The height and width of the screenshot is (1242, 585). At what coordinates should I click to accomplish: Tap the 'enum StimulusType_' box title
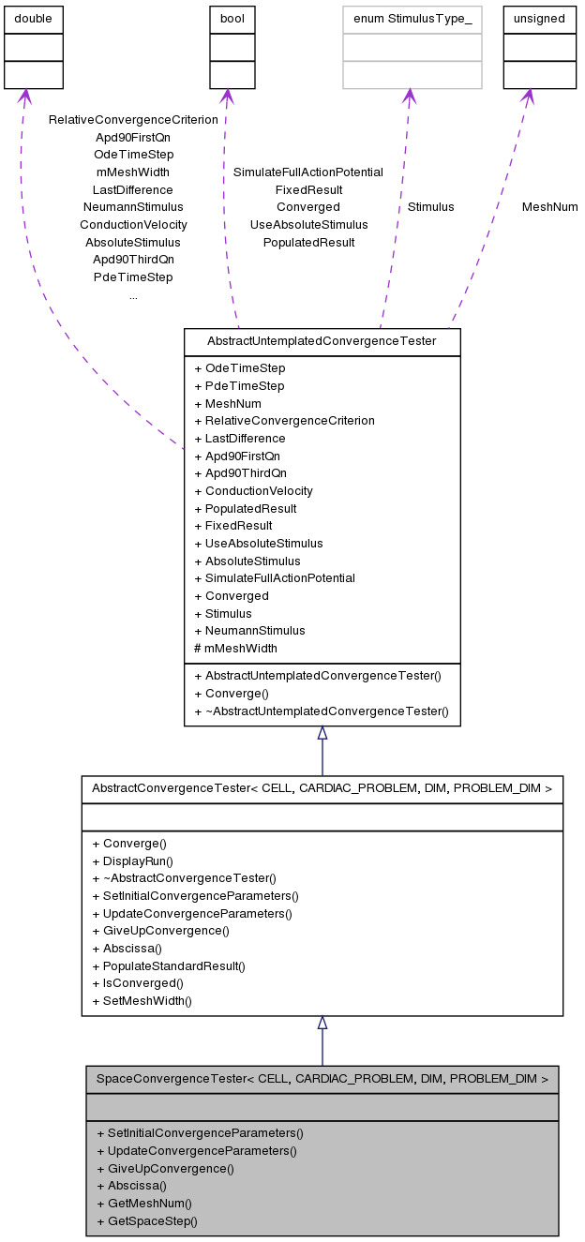[x=412, y=19]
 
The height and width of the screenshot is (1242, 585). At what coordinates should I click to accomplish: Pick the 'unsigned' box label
[x=540, y=19]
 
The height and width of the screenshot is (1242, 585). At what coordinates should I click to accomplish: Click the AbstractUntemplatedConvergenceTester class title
[x=322, y=341]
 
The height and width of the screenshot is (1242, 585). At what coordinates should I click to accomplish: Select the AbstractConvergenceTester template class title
[x=322, y=789]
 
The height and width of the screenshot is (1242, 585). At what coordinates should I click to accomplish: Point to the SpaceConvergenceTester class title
[x=322, y=1079]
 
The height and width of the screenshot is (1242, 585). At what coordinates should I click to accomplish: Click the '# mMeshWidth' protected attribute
[x=235, y=648]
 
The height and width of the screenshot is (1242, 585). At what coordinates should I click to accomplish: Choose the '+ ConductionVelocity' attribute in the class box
[x=253, y=490]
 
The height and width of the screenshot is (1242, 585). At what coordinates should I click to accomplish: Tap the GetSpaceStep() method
[x=146, y=1220]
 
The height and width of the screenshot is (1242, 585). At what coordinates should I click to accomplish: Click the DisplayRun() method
[x=132, y=860]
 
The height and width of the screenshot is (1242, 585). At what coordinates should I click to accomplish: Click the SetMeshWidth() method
[x=141, y=1000]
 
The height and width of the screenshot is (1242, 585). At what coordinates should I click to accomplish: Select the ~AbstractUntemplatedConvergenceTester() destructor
[x=321, y=711]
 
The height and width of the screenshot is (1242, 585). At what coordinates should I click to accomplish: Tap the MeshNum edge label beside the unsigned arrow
[x=549, y=206]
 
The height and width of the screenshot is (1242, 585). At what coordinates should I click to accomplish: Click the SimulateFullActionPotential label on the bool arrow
[x=307, y=172]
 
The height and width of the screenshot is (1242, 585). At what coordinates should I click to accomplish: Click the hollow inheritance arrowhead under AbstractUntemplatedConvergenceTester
[x=322, y=732]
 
